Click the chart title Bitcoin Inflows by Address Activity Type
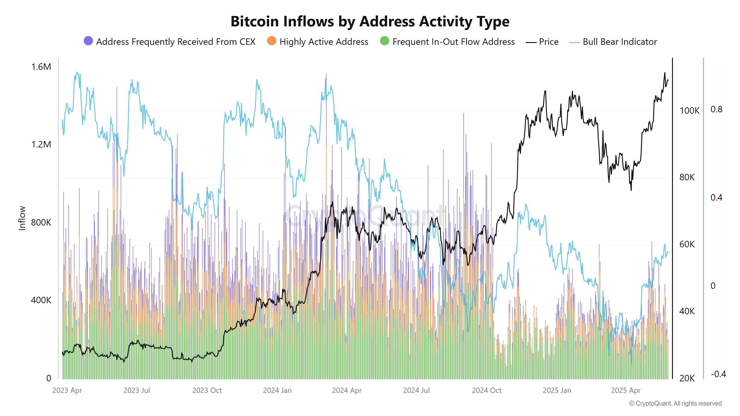pyautogui.click(x=370, y=21)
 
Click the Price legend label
pyautogui.click(x=548, y=42)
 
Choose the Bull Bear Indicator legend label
pyautogui.click(x=620, y=42)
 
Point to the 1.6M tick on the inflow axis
pyautogui.click(x=41, y=67)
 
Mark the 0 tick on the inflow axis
pyautogui.click(x=49, y=378)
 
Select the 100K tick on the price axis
pyautogui.click(x=689, y=110)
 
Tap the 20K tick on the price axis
pyautogui.click(x=687, y=378)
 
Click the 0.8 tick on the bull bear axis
pyautogui.click(x=716, y=109)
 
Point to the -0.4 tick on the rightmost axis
pyautogui.click(x=718, y=374)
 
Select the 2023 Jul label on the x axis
pyautogui.click(x=136, y=390)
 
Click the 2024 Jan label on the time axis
pyautogui.click(x=277, y=390)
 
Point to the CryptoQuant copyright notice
pyautogui.click(x=675, y=403)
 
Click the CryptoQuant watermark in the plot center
pyautogui.click(x=363, y=215)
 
